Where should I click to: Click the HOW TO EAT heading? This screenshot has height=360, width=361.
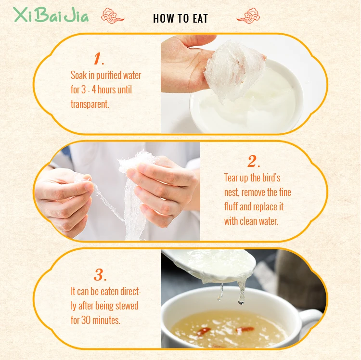tap(180, 19)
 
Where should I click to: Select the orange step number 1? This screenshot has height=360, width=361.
tap(98, 60)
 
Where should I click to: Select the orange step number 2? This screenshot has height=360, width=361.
tap(253, 161)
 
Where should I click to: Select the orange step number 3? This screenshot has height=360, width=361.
tap(99, 275)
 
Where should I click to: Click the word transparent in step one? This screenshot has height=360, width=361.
tap(90, 104)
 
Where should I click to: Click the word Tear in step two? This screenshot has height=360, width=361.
tap(232, 178)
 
